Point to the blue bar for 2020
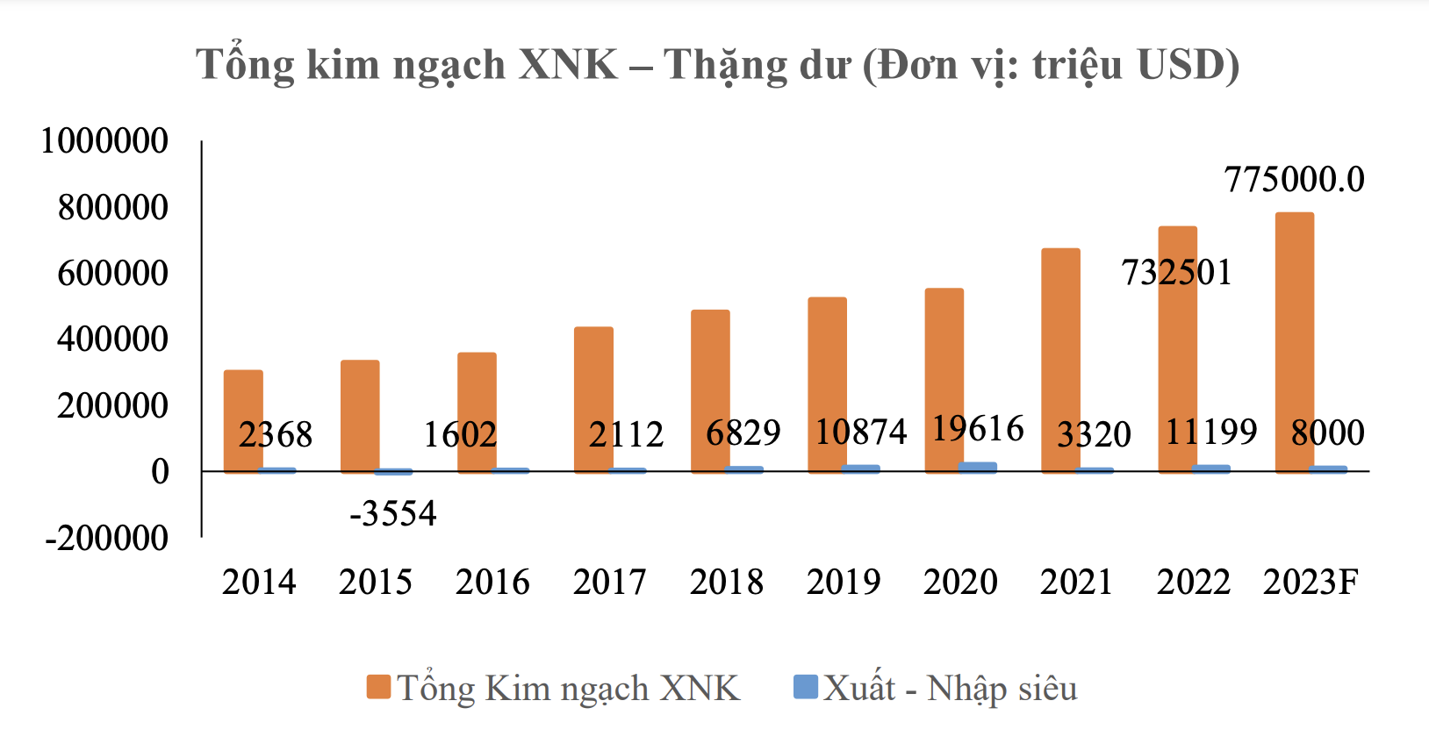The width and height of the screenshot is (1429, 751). coord(978,468)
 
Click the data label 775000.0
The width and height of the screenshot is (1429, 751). coord(1294,180)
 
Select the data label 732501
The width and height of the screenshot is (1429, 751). coord(1176,273)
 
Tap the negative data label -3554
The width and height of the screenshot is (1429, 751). coord(392,513)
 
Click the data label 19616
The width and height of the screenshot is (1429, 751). coord(978,429)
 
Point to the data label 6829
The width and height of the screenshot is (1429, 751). coord(743,433)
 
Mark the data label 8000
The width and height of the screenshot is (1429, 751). coord(1327,433)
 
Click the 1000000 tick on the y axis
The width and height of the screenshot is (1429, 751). coord(104,140)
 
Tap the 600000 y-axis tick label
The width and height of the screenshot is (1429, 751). coord(112,273)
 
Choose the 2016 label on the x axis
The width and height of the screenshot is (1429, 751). coord(492,582)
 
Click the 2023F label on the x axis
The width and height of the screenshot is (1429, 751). coord(1311,582)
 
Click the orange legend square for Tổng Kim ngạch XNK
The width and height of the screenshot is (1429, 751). coord(378,687)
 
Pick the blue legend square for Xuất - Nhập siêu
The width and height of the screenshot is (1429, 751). coord(805,686)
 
